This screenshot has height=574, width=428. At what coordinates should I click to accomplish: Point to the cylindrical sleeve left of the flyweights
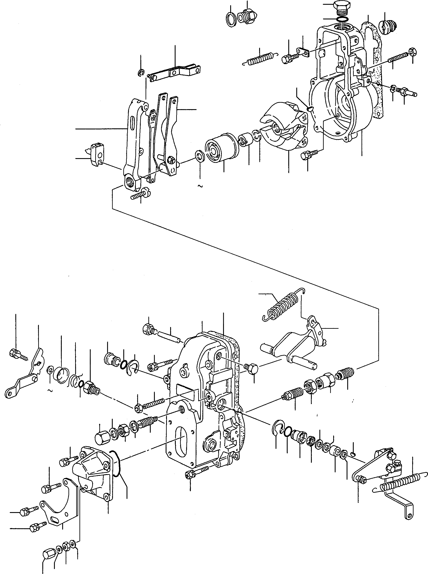tap(220, 147)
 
